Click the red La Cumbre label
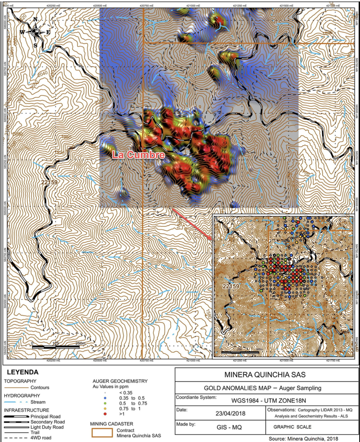(138, 155)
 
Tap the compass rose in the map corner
(35, 32)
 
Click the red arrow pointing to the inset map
(192, 224)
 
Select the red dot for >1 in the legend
(105, 414)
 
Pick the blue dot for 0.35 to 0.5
(105, 398)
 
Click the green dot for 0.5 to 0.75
(105, 403)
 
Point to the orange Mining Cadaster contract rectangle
(102, 433)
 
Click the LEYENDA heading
(22, 372)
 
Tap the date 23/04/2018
(230, 413)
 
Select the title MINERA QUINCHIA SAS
(265, 375)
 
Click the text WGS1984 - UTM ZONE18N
(268, 400)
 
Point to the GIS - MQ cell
(229, 427)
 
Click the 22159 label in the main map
(49, 182)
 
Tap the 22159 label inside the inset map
(231, 286)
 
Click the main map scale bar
(55, 347)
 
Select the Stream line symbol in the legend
(16, 402)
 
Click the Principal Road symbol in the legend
(16, 417)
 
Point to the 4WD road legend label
(41, 438)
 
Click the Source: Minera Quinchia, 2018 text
(303, 439)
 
